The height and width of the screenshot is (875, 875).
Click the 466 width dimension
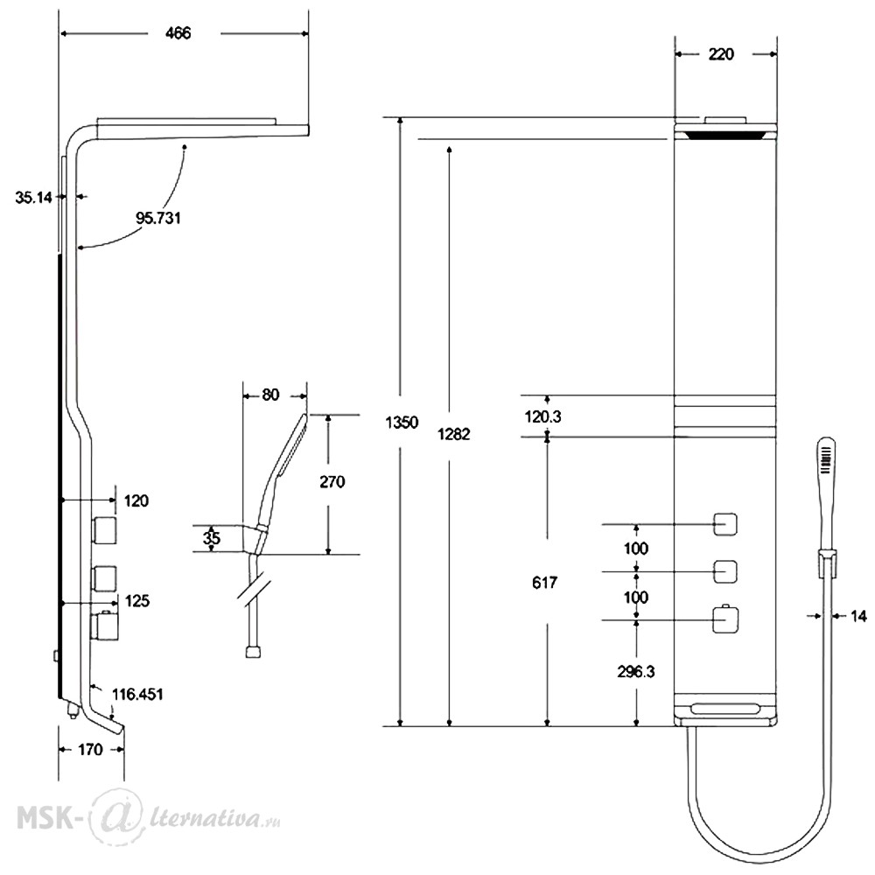click(x=178, y=33)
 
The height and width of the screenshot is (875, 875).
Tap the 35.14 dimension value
click(x=33, y=197)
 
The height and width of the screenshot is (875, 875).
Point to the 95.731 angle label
click(x=158, y=218)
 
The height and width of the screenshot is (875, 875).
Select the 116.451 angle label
click(x=138, y=694)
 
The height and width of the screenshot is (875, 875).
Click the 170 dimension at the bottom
click(x=90, y=750)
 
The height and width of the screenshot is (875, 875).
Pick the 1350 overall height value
click(x=402, y=423)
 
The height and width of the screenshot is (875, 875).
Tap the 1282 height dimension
click(x=453, y=434)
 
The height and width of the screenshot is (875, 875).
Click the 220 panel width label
click(x=721, y=54)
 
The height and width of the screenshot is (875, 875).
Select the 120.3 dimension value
click(x=543, y=416)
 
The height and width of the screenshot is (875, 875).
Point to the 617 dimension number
click(x=544, y=583)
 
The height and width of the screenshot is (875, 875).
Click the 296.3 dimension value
click(x=636, y=672)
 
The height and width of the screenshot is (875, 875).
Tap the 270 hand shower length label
click(x=332, y=481)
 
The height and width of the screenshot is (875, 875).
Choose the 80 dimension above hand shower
click(x=270, y=395)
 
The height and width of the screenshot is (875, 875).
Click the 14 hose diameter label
click(x=859, y=616)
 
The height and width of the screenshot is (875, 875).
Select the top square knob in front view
click(x=725, y=524)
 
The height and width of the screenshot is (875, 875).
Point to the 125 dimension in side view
click(x=137, y=601)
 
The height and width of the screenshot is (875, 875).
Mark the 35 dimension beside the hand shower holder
click(x=212, y=538)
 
